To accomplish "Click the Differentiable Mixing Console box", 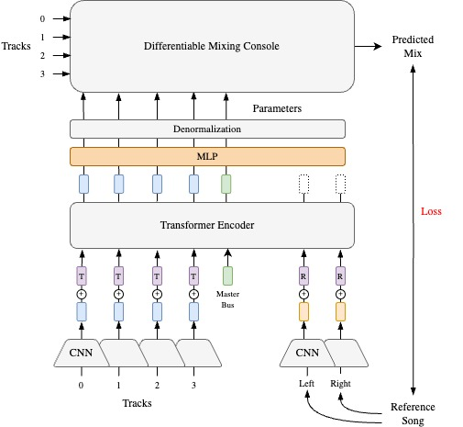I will [212, 46].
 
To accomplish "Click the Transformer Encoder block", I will [212, 223].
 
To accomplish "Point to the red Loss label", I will [431, 211].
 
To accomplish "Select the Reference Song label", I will [413, 413].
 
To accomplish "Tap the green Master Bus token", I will [226, 275].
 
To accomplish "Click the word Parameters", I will [277, 108].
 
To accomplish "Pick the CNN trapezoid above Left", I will [303, 352].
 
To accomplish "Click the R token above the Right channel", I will [341, 275].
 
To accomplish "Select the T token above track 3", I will [193, 275].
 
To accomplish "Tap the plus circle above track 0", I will [82, 294].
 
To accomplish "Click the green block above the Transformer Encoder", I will [226, 184].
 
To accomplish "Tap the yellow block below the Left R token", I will [303, 312].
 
